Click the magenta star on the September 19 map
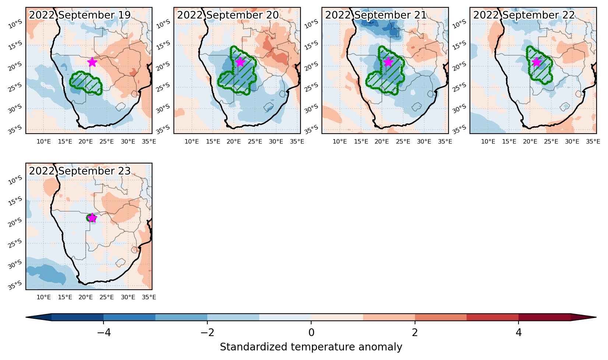[92, 62]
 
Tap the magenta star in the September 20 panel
[240, 62]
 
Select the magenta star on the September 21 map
[389, 62]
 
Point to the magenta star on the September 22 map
[537, 62]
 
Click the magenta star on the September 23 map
[92, 218]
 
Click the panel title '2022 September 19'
[80, 15]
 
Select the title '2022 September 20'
[228, 15]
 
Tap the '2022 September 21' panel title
[376, 15]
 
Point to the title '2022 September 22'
[524, 15]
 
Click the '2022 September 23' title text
[80, 171]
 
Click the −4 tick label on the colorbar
[104, 332]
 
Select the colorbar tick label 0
[311, 332]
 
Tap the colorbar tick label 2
[415, 332]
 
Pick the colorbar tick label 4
[519, 332]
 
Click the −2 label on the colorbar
[207, 332]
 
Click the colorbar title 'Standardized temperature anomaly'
[311, 347]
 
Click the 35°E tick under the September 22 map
[593, 142]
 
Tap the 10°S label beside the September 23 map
[15, 180]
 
